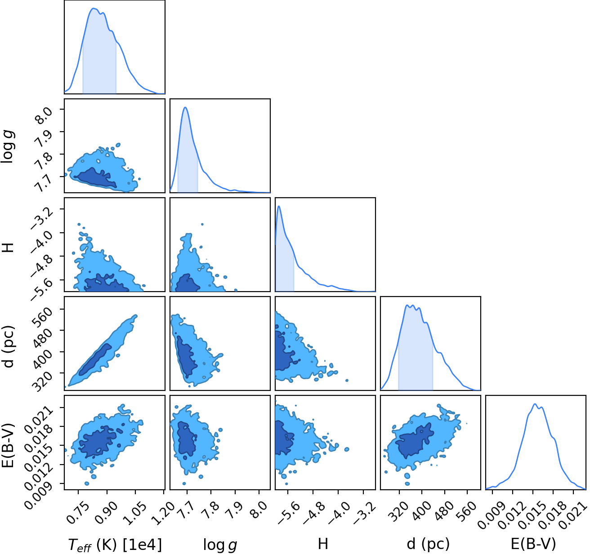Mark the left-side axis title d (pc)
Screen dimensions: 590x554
tap(8, 346)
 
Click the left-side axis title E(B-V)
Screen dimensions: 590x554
tap(8, 445)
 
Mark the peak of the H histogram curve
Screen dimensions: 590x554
tap(279, 206)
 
